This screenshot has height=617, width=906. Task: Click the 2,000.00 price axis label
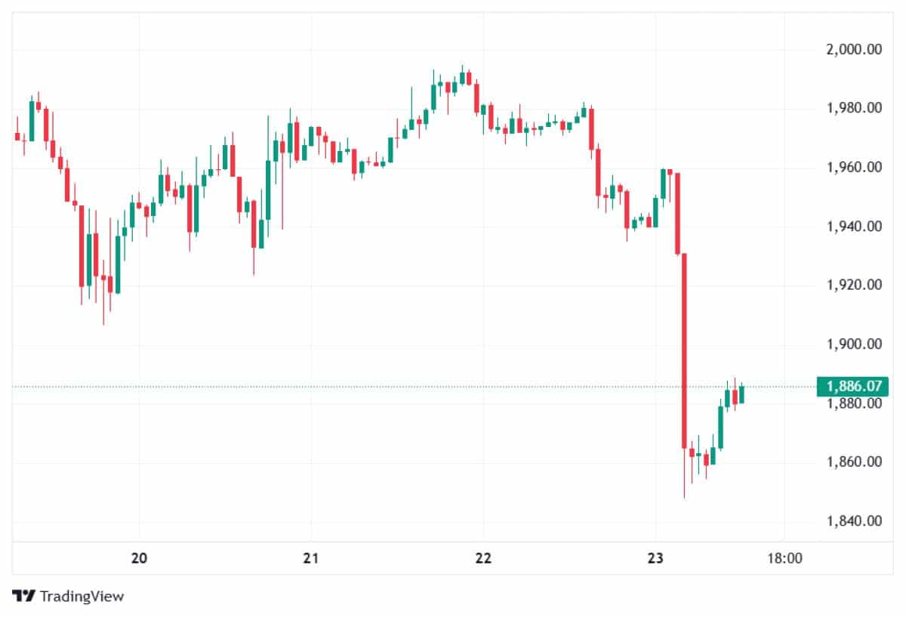pos(855,50)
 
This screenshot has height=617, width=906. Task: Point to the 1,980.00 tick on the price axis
pos(855,109)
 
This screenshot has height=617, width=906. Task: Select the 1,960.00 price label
pos(855,168)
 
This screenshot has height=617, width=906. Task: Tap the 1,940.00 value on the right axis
pos(855,227)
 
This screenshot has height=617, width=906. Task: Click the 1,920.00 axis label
pos(855,285)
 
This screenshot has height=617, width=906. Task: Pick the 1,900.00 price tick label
pos(855,344)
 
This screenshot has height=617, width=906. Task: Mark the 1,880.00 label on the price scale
pos(855,403)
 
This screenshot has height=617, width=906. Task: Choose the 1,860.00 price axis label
pos(855,462)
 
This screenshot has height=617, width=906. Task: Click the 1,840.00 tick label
pos(855,521)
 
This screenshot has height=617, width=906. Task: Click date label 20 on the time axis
pos(139,559)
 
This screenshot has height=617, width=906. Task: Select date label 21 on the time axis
pos(311,559)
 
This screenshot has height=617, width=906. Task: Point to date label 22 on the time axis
pos(483,559)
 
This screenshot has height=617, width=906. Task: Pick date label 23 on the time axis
pos(655,559)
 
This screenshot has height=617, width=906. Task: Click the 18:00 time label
pos(784,559)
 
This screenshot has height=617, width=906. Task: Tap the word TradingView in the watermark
pos(82,596)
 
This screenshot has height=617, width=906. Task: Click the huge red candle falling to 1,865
pos(684,351)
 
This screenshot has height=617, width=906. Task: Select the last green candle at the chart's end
pos(741,394)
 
